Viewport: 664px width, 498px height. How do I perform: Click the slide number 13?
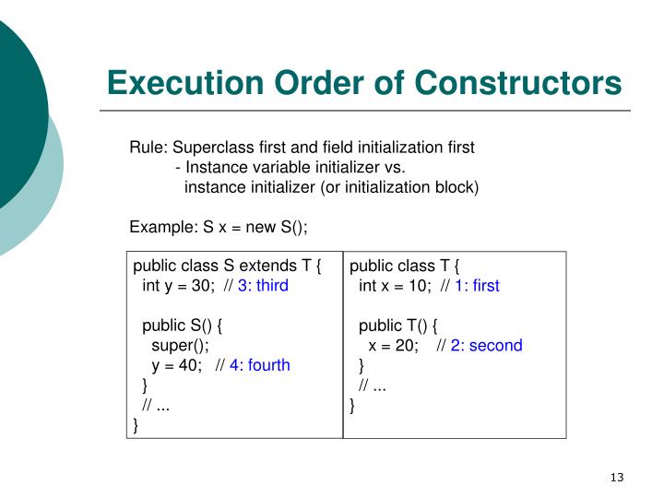pos(617,477)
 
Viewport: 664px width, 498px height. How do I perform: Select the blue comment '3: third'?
pos(263,286)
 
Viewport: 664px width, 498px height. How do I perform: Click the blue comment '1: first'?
pos(477,286)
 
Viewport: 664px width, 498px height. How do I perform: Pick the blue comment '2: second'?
pos(486,346)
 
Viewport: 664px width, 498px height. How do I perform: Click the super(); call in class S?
pos(181,346)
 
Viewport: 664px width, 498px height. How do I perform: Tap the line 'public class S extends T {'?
pos(227,267)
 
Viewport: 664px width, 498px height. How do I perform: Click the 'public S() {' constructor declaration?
pos(184,326)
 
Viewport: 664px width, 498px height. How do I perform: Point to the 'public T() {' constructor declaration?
pos(398,326)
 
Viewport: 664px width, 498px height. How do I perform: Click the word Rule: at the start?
pos(148,148)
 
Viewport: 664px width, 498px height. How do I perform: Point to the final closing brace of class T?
pos(352,406)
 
